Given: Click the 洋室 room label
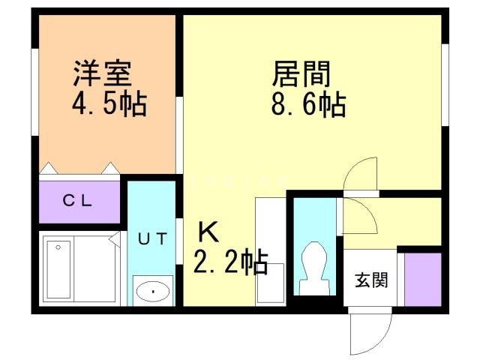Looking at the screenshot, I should [103, 73].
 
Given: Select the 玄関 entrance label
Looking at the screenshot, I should [370, 280].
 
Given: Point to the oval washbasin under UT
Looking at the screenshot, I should [153, 290].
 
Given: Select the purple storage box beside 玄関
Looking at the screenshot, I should [422, 280].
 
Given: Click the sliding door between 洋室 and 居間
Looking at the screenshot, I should [180, 135].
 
